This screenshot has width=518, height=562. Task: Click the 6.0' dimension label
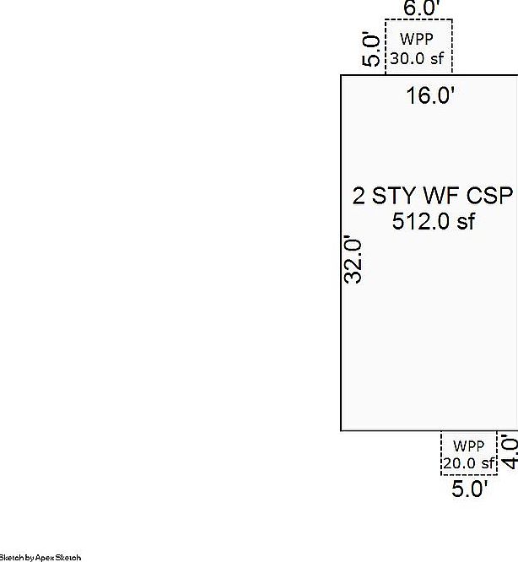pyautogui.click(x=421, y=8)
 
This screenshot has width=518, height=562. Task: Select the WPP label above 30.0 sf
pyautogui.click(x=417, y=39)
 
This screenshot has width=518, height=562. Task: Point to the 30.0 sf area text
pyautogui.click(x=417, y=58)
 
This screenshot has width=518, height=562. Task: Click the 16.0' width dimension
pyautogui.click(x=430, y=95)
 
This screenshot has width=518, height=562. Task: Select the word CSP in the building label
pyautogui.click(x=489, y=196)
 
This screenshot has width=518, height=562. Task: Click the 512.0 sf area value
pyautogui.click(x=434, y=221)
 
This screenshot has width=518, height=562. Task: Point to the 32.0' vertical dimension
pyautogui.click(x=353, y=259)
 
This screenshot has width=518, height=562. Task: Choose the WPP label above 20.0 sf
pyautogui.click(x=468, y=446)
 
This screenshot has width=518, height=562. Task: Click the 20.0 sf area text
pyautogui.click(x=469, y=463)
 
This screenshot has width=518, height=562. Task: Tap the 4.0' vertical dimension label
pyautogui.click(x=510, y=451)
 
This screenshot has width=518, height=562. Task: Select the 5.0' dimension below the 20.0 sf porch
pyautogui.click(x=469, y=489)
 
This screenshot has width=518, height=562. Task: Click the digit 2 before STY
pyautogui.click(x=359, y=196)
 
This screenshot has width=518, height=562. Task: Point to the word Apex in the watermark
pyautogui.click(x=45, y=558)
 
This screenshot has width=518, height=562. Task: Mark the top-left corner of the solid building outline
pyautogui.click(x=341, y=75)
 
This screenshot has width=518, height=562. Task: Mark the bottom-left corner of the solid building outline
pyautogui.click(x=341, y=430)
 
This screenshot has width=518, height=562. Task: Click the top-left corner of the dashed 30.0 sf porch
pyautogui.click(x=386, y=19)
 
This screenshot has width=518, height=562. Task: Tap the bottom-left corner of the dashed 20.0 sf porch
pyautogui.click(x=441, y=475)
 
